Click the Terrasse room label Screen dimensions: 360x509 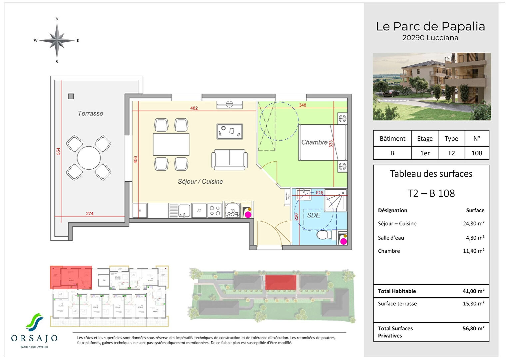click(x=90, y=113)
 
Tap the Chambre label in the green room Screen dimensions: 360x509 click(x=314, y=142)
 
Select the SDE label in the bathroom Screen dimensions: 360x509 click(x=313, y=215)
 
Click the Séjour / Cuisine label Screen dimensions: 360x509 click(x=200, y=182)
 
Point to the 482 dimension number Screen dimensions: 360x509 click(x=194, y=108)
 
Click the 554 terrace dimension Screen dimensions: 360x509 click(x=58, y=151)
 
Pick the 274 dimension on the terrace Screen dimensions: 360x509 click(x=90, y=214)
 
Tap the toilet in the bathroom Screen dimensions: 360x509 click(x=323, y=235)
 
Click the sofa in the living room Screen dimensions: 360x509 click(x=230, y=159)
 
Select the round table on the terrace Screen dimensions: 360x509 click(x=89, y=158)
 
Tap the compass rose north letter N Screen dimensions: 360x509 click(x=57, y=19)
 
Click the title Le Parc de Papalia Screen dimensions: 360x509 click(x=430, y=26)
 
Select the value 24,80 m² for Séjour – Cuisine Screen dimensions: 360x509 click(x=473, y=224)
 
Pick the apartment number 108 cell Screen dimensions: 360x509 click(x=477, y=153)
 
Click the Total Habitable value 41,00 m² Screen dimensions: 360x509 click(x=473, y=291)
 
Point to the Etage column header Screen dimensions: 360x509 click(x=425, y=139)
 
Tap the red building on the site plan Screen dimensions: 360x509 click(x=280, y=282)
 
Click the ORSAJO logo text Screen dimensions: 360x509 click(x=34, y=338)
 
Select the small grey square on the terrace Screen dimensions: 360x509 click(x=71, y=96)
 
